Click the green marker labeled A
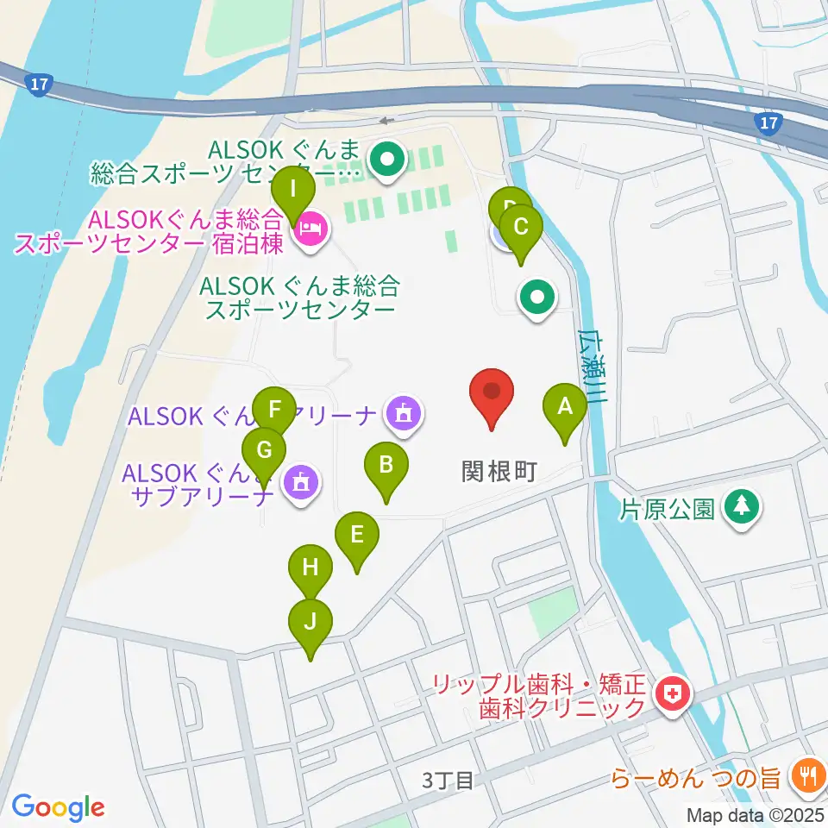(565, 406)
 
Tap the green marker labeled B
(386, 466)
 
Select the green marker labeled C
(520, 228)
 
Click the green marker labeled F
(275, 409)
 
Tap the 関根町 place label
(499, 471)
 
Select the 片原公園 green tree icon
(740, 507)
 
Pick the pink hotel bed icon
(308, 230)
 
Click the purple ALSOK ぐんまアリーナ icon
(403, 415)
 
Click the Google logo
(58, 806)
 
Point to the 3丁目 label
(448, 781)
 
